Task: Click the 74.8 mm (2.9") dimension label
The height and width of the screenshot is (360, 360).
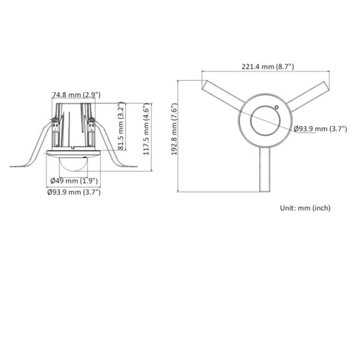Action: [76, 95]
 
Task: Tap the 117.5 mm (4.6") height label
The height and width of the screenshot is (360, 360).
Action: [146, 129]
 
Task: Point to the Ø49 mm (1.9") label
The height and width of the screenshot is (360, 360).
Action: [74, 181]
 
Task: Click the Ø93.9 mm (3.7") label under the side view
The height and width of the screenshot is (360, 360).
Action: [74, 192]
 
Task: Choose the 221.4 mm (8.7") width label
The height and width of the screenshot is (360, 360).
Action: [268, 67]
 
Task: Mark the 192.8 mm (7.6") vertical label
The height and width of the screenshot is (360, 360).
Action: [175, 129]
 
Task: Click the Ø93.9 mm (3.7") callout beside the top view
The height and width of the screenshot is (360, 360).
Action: [320, 129]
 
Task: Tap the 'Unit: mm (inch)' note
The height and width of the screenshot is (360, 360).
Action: [305, 208]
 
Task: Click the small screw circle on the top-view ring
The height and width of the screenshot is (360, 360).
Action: [276, 107]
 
